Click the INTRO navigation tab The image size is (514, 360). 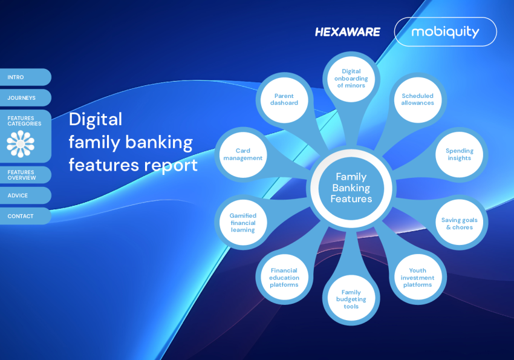pos(25,77)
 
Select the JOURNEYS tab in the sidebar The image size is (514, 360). pos(25,97)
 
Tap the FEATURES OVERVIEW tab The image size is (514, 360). pos(25,175)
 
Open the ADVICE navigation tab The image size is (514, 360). pos(25,195)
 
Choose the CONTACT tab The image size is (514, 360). pos(25,216)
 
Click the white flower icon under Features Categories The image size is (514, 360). pos(21,144)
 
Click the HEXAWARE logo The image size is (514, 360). pos(348,32)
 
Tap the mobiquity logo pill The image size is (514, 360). pos(446,32)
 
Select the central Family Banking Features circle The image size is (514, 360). pos(351,188)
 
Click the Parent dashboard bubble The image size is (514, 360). pos(284,100)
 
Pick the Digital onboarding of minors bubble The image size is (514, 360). pos(351,79)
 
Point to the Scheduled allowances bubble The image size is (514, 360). pos(418,100)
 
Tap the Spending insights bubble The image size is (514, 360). pos(459,154)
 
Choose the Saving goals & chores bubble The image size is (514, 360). pos(459,223)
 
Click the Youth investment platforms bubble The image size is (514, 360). pos(418,277)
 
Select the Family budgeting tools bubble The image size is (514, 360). pos(351,299)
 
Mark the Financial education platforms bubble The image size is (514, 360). pos(284,277)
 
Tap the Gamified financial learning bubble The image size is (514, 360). pos(243,223)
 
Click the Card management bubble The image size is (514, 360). pos(243,154)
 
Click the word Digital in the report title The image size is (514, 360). pos(96,120)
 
